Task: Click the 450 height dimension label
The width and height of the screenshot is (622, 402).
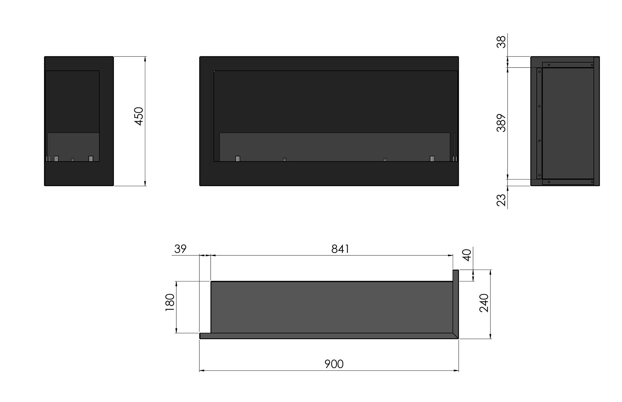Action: point(139,116)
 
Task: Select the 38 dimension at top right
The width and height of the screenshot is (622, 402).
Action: point(501,42)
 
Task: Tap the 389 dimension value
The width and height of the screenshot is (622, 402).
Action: point(501,123)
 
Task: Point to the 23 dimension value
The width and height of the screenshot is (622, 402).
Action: point(501,200)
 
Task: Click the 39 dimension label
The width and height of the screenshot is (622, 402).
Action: point(180,249)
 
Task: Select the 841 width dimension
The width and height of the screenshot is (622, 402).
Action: point(340,249)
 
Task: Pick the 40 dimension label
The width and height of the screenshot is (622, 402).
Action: point(467,255)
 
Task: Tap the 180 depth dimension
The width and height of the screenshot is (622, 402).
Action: point(170,303)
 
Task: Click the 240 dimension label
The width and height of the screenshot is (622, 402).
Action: point(484,303)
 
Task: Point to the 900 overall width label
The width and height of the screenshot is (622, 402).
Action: point(334,364)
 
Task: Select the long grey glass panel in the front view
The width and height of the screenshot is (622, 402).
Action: point(334,146)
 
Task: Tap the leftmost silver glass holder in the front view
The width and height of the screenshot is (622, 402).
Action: point(238,158)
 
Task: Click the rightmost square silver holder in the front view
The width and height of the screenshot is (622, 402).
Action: point(432,158)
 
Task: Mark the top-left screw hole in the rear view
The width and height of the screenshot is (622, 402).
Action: point(549,65)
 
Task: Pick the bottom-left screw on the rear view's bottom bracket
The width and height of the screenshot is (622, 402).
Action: point(549,182)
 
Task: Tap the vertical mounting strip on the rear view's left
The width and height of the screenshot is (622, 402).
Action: point(539,124)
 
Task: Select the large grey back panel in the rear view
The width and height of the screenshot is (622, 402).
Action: point(568,124)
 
